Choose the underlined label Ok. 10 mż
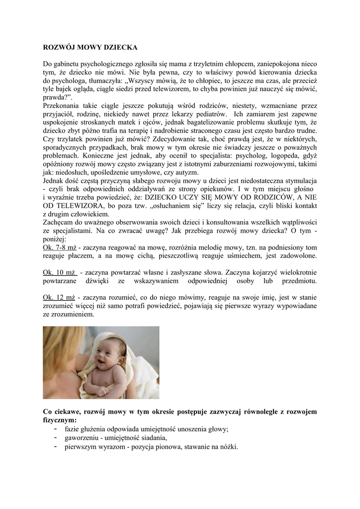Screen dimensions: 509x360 (x=60, y=272)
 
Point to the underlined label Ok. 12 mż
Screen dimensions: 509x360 (x=60, y=297)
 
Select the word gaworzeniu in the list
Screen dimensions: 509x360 (x=81, y=438)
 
